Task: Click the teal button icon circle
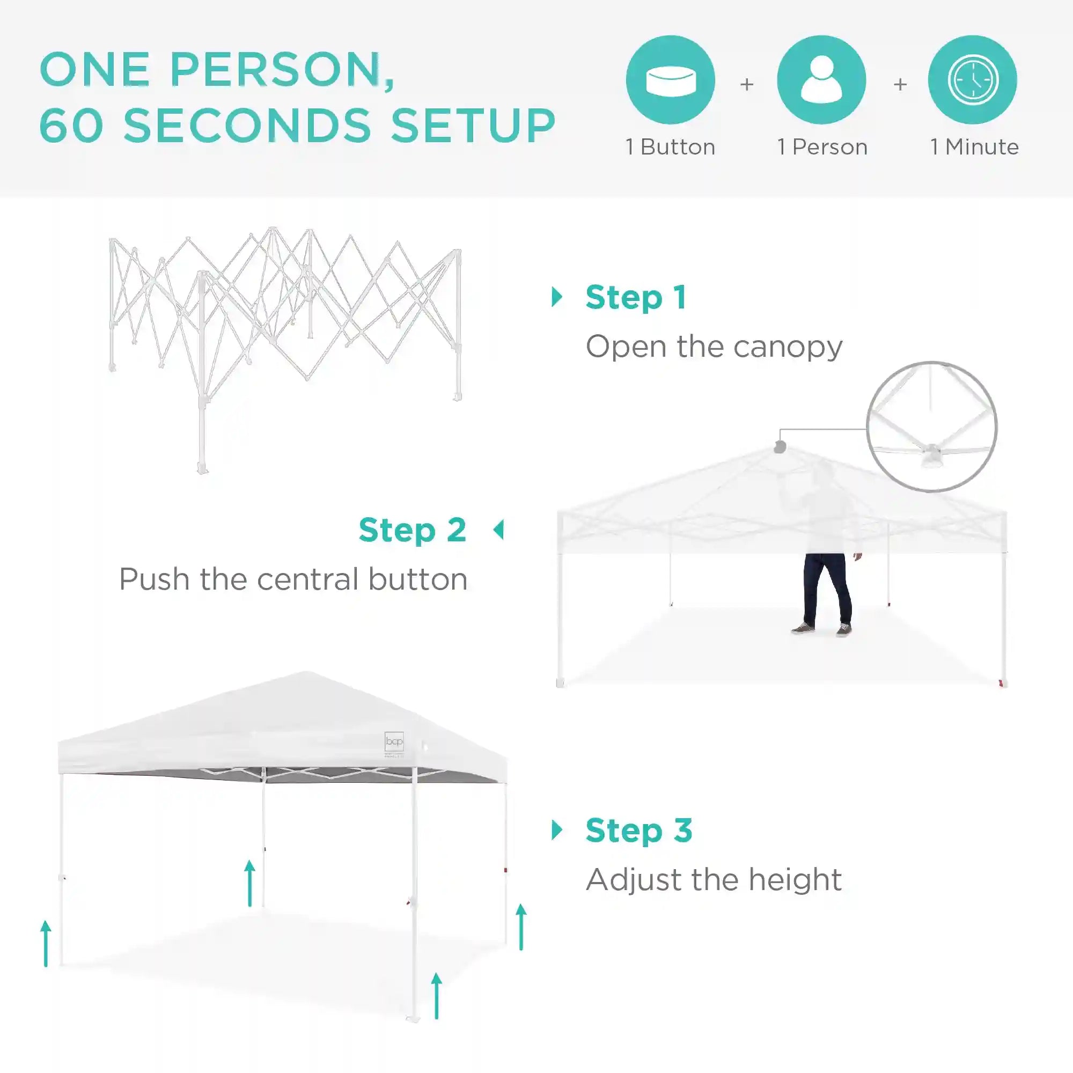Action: [670, 80]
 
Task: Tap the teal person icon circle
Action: [821, 80]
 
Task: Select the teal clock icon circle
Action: [973, 80]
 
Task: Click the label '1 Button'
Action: [670, 147]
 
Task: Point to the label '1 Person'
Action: [822, 147]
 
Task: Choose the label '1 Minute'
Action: [975, 147]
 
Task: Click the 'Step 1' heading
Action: [636, 298]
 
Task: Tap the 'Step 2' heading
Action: [412, 531]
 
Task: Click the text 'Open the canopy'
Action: [714, 347]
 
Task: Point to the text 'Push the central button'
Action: [293, 579]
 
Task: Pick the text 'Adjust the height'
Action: [714, 880]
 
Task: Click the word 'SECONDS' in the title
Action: [247, 125]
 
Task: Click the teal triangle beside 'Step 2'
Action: [499, 530]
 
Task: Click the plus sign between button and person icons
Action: [746, 84]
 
